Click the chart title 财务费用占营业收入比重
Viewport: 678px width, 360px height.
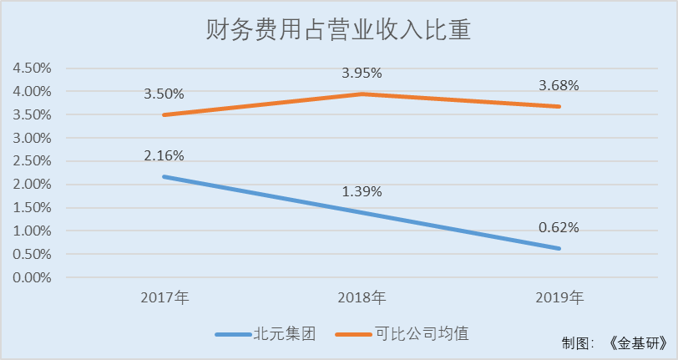click(x=339, y=31)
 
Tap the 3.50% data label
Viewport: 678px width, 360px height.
click(x=164, y=94)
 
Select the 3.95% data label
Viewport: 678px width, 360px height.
click(x=362, y=74)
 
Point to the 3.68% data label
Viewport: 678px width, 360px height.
click(x=559, y=85)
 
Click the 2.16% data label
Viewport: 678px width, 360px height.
click(x=164, y=155)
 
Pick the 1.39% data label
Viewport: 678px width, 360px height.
click(x=362, y=191)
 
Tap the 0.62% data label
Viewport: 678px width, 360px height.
click(x=559, y=227)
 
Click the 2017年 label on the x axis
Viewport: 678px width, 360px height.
click(x=164, y=297)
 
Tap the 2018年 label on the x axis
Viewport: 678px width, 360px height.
click(x=362, y=297)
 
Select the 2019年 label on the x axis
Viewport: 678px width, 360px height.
click(x=559, y=297)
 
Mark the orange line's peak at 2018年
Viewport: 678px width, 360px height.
click(x=362, y=94)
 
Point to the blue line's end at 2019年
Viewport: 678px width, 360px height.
click(x=559, y=248)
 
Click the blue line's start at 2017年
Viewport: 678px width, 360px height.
click(x=164, y=176)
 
